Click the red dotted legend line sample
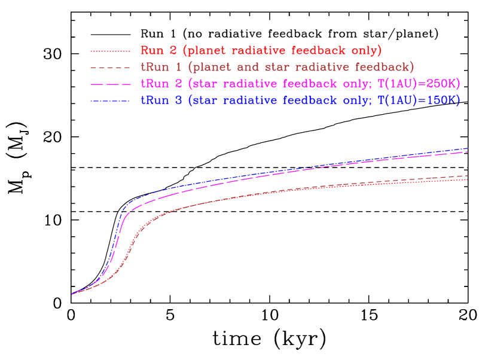(x=110, y=51)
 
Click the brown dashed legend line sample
(x=110, y=68)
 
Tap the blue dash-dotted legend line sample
(x=110, y=101)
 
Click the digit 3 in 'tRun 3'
(x=178, y=100)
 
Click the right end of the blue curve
(x=467, y=148)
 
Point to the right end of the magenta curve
(x=467, y=152)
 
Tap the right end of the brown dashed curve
(x=467, y=176)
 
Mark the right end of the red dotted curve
(x=467, y=179)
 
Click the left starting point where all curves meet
(x=72, y=294)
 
